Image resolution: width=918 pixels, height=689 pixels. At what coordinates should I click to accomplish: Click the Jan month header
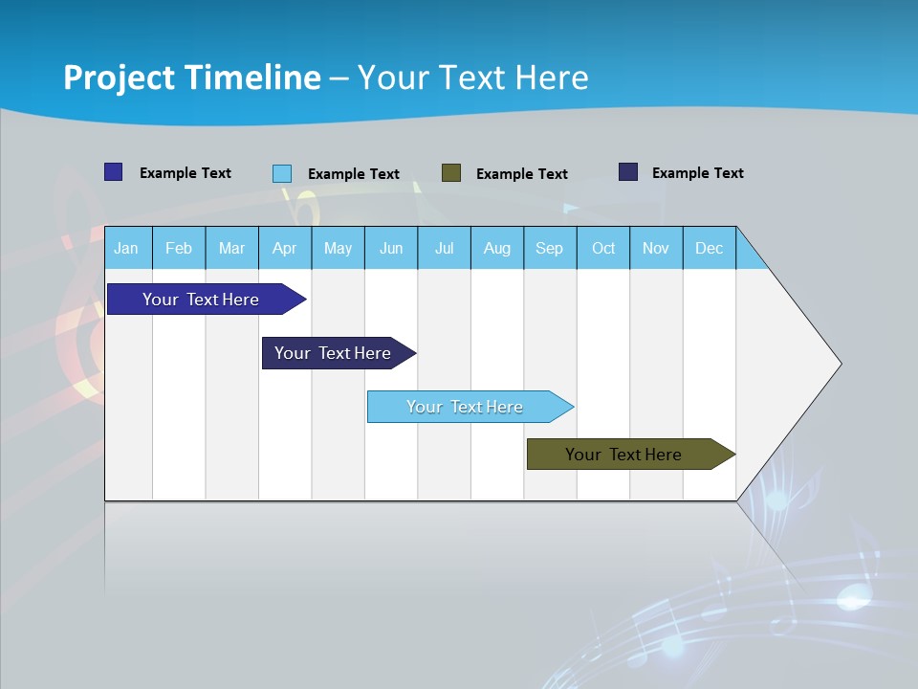click(126, 248)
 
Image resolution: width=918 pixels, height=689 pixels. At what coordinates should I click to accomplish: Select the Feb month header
click(179, 248)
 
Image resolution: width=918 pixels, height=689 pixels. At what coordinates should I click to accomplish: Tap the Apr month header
click(284, 248)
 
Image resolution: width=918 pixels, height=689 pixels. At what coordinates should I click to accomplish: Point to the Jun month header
click(391, 248)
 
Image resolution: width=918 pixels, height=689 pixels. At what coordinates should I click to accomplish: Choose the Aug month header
click(496, 248)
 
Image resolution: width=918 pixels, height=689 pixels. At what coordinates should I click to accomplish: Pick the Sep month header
click(549, 248)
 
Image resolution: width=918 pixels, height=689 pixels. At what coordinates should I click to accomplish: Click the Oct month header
click(603, 248)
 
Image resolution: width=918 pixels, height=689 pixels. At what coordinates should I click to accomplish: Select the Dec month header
click(709, 248)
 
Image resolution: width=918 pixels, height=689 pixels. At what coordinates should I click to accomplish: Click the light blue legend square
click(282, 173)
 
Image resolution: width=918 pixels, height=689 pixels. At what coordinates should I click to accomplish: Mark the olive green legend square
click(451, 173)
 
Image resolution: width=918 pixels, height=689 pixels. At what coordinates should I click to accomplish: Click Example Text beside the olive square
click(521, 174)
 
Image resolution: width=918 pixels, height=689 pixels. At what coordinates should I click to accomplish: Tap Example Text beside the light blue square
click(353, 174)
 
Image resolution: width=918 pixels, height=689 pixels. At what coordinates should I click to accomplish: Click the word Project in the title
click(120, 78)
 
